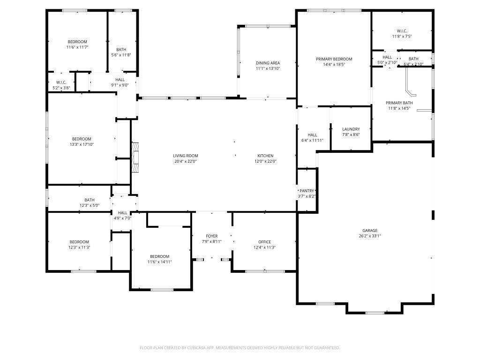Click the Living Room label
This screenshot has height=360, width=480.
186,156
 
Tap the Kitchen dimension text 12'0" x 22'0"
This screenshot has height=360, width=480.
265,161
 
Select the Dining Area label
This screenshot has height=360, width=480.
268,63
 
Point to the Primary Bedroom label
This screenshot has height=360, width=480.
334,59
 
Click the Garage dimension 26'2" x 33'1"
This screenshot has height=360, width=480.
370,236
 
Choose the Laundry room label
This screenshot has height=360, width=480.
351,129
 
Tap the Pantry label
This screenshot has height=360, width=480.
307,191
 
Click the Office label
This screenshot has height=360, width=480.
264,242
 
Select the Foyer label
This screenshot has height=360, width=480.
211,236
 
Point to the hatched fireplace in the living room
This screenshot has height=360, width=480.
135,157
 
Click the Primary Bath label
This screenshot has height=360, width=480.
399,103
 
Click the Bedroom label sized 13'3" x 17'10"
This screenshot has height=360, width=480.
82,139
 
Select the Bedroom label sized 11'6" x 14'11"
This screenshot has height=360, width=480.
159,256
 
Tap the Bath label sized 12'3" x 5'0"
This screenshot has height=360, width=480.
90,200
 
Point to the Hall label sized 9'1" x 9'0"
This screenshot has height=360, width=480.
120,80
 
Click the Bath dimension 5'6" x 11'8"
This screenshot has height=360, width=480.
121,55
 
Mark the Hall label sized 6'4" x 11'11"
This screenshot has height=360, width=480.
312,135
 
